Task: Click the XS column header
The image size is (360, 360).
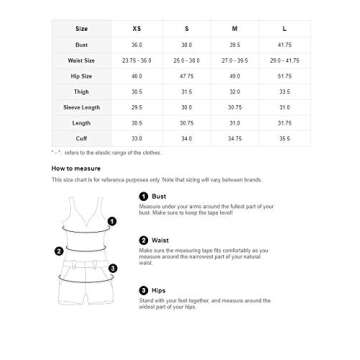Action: coord(137,28)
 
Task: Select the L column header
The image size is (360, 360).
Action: coord(284,28)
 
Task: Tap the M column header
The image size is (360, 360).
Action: coord(235,28)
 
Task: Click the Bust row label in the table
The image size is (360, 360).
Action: coord(82,45)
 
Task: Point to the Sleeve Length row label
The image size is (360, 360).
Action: coord(82,107)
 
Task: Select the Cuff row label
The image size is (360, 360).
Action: coord(82,138)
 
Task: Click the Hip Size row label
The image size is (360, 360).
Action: coord(82,76)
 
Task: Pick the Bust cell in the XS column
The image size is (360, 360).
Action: coord(137,45)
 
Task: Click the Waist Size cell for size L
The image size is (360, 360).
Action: coord(284,60)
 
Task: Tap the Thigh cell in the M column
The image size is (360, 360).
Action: coord(235,91)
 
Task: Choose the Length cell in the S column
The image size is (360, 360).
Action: coord(186,122)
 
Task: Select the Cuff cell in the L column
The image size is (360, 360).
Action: coord(284,138)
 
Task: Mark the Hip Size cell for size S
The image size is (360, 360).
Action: coord(186,76)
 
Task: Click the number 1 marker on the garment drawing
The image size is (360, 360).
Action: coord(111,221)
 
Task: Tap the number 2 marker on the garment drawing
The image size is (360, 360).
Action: coord(59,251)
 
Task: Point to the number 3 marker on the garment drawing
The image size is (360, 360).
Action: coord(112,268)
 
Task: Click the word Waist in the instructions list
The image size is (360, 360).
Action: coord(160,241)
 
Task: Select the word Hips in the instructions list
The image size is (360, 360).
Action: coord(159,290)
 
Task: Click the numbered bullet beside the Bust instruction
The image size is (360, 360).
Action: coord(144,196)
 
